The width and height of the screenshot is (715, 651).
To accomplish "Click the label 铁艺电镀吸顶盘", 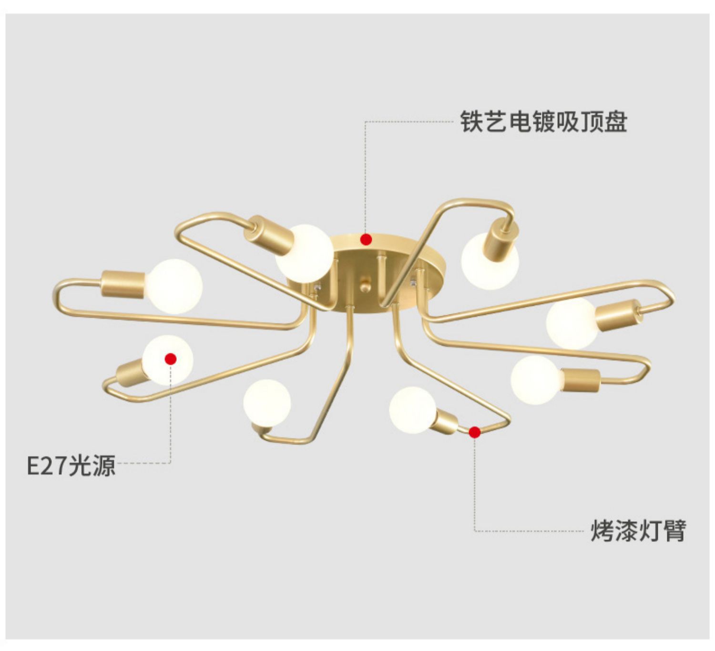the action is (x=543, y=122).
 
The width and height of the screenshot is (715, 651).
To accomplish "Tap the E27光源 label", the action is (x=71, y=465).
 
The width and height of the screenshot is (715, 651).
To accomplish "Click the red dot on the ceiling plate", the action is (x=366, y=239).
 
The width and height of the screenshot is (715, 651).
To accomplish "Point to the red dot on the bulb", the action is (x=171, y=359).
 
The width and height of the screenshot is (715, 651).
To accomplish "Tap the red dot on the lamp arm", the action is (x=474, y=432).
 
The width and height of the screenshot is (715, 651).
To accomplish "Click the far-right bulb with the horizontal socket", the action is (x=571, y=323).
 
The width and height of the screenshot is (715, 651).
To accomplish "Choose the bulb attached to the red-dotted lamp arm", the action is (x=412, y=410).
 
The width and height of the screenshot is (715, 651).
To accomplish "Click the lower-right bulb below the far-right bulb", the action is (x=534, y=381).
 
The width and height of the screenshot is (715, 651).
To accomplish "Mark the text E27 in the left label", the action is (x=46, y=465).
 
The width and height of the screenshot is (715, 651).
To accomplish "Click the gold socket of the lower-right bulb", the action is (x=582, y=380).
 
